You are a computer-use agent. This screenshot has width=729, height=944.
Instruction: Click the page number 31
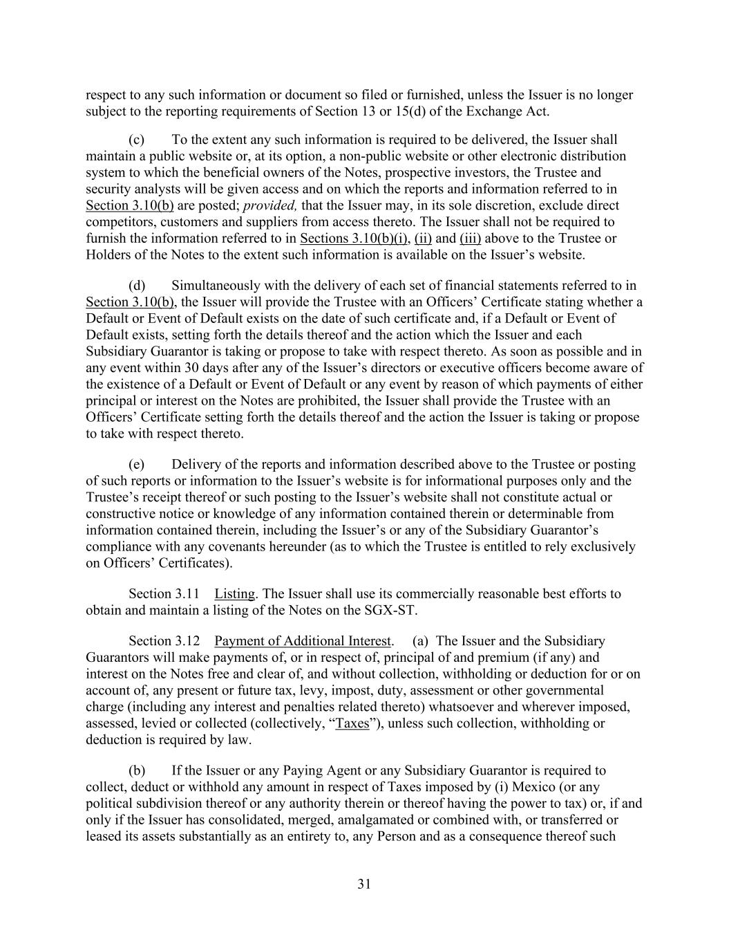pos(365,883)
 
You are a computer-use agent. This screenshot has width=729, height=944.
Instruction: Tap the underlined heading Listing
pos(234,593)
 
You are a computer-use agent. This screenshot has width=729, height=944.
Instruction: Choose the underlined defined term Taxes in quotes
pos(352,723)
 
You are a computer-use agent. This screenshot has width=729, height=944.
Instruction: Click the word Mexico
pos(534,787)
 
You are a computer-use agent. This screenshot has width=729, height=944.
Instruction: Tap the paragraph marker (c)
pos(136,140)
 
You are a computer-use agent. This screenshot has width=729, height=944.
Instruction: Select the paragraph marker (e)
pos(136,464)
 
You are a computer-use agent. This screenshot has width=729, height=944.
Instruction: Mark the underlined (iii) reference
pos(470,239)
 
